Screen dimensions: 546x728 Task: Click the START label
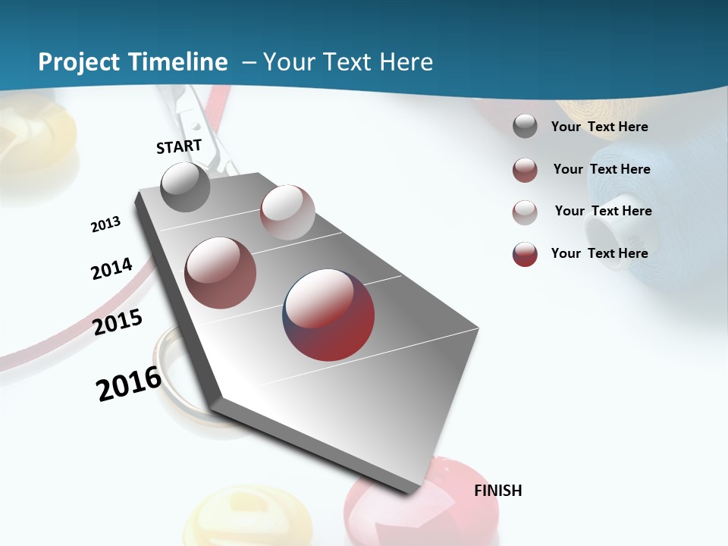tap(179, 146)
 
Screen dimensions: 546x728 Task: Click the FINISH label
tap(497, 491)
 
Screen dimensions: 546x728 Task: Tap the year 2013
tap(105, 224)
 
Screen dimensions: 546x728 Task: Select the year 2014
tap(111, 268)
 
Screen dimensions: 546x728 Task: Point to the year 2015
tap(118, 322)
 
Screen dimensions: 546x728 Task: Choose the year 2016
tap(129, 384)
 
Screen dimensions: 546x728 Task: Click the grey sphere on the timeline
tap(186, 187)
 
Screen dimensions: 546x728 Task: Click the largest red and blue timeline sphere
tap(328, 314)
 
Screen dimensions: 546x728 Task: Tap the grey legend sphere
tap(525, 127)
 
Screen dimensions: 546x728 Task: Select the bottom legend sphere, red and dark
tap(525, 254)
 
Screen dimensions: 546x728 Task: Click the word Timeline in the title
tap(179, 62)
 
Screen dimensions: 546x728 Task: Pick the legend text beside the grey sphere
tap(599, 127)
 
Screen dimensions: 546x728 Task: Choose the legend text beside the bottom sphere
tap(599, 253)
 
